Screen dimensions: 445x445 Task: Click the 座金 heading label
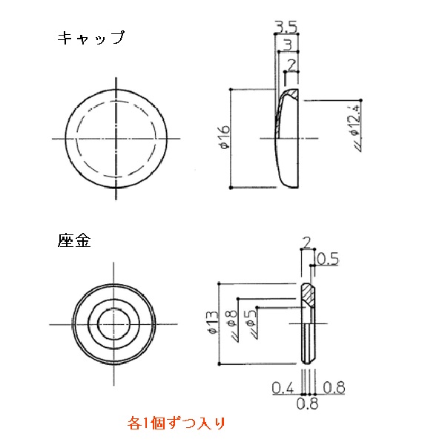coord(74,241)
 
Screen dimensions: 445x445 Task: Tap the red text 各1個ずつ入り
coord(176,423)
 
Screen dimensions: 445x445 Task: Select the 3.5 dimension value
coord(286,27)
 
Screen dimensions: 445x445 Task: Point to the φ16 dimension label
coord(224,139)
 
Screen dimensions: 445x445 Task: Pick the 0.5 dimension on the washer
coord(328,258)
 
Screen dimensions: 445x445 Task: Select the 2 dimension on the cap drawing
coord(291,65)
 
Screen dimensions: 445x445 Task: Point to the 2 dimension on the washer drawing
coord(307,242)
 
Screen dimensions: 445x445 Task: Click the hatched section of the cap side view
coord(291,95)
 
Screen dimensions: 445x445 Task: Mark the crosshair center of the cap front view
coord(116,138)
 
